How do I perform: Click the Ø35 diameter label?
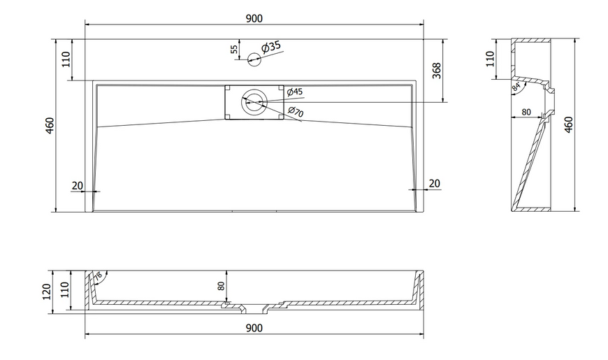tap(270, 47)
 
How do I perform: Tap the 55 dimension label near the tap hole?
tap(234, 49)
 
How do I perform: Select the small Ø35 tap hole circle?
tap(254, 59)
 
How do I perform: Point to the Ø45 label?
tap(295, 92)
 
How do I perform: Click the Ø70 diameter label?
tap(296, 112)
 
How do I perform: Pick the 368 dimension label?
tap(437, 71)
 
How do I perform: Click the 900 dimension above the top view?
tap(254, 18)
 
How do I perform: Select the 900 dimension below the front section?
tap(254, 328)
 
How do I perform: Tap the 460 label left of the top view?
tap(50, 125)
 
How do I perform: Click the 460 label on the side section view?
tap(568, 125)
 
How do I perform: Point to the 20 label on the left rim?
tap(78, 185)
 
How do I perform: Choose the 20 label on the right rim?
tap(434, 183)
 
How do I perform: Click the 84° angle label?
tap(516, 87)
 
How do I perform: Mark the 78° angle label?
tap(98, 276)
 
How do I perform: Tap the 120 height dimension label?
tap(47, 291)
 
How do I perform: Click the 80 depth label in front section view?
tap(221, 286)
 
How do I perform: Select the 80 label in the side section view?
tap(526, 112)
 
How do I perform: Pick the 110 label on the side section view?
tap(490, 59)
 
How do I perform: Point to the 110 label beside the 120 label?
tap(65, 289)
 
